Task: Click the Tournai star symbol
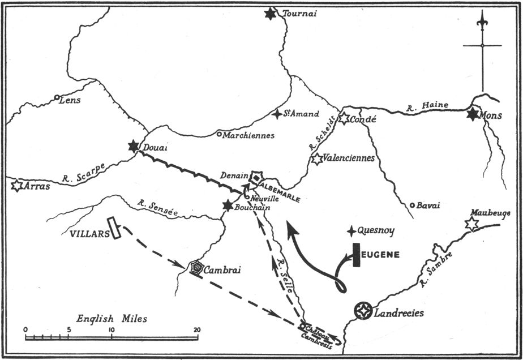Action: (x=271, y=14)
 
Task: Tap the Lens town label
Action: (x=70, y=100)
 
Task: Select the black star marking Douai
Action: (x=134, y=147)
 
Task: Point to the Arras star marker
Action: (x=16, y=185)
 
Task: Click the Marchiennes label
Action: (x=248, y=135)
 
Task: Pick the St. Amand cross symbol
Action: (x=276, y=114)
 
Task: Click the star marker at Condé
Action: (x=344, y=118)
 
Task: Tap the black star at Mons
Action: (x=473, y=115)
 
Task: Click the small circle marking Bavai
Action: (x=413, y=205)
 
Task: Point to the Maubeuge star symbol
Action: (x=471, y=224)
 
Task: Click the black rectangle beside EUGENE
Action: (x=357, y=255)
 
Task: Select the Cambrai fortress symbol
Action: (x=196, y=268)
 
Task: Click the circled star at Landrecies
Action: (x=362, y=311)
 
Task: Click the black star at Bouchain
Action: (x=228, y=206)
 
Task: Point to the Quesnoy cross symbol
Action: (x=352, y=230)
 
